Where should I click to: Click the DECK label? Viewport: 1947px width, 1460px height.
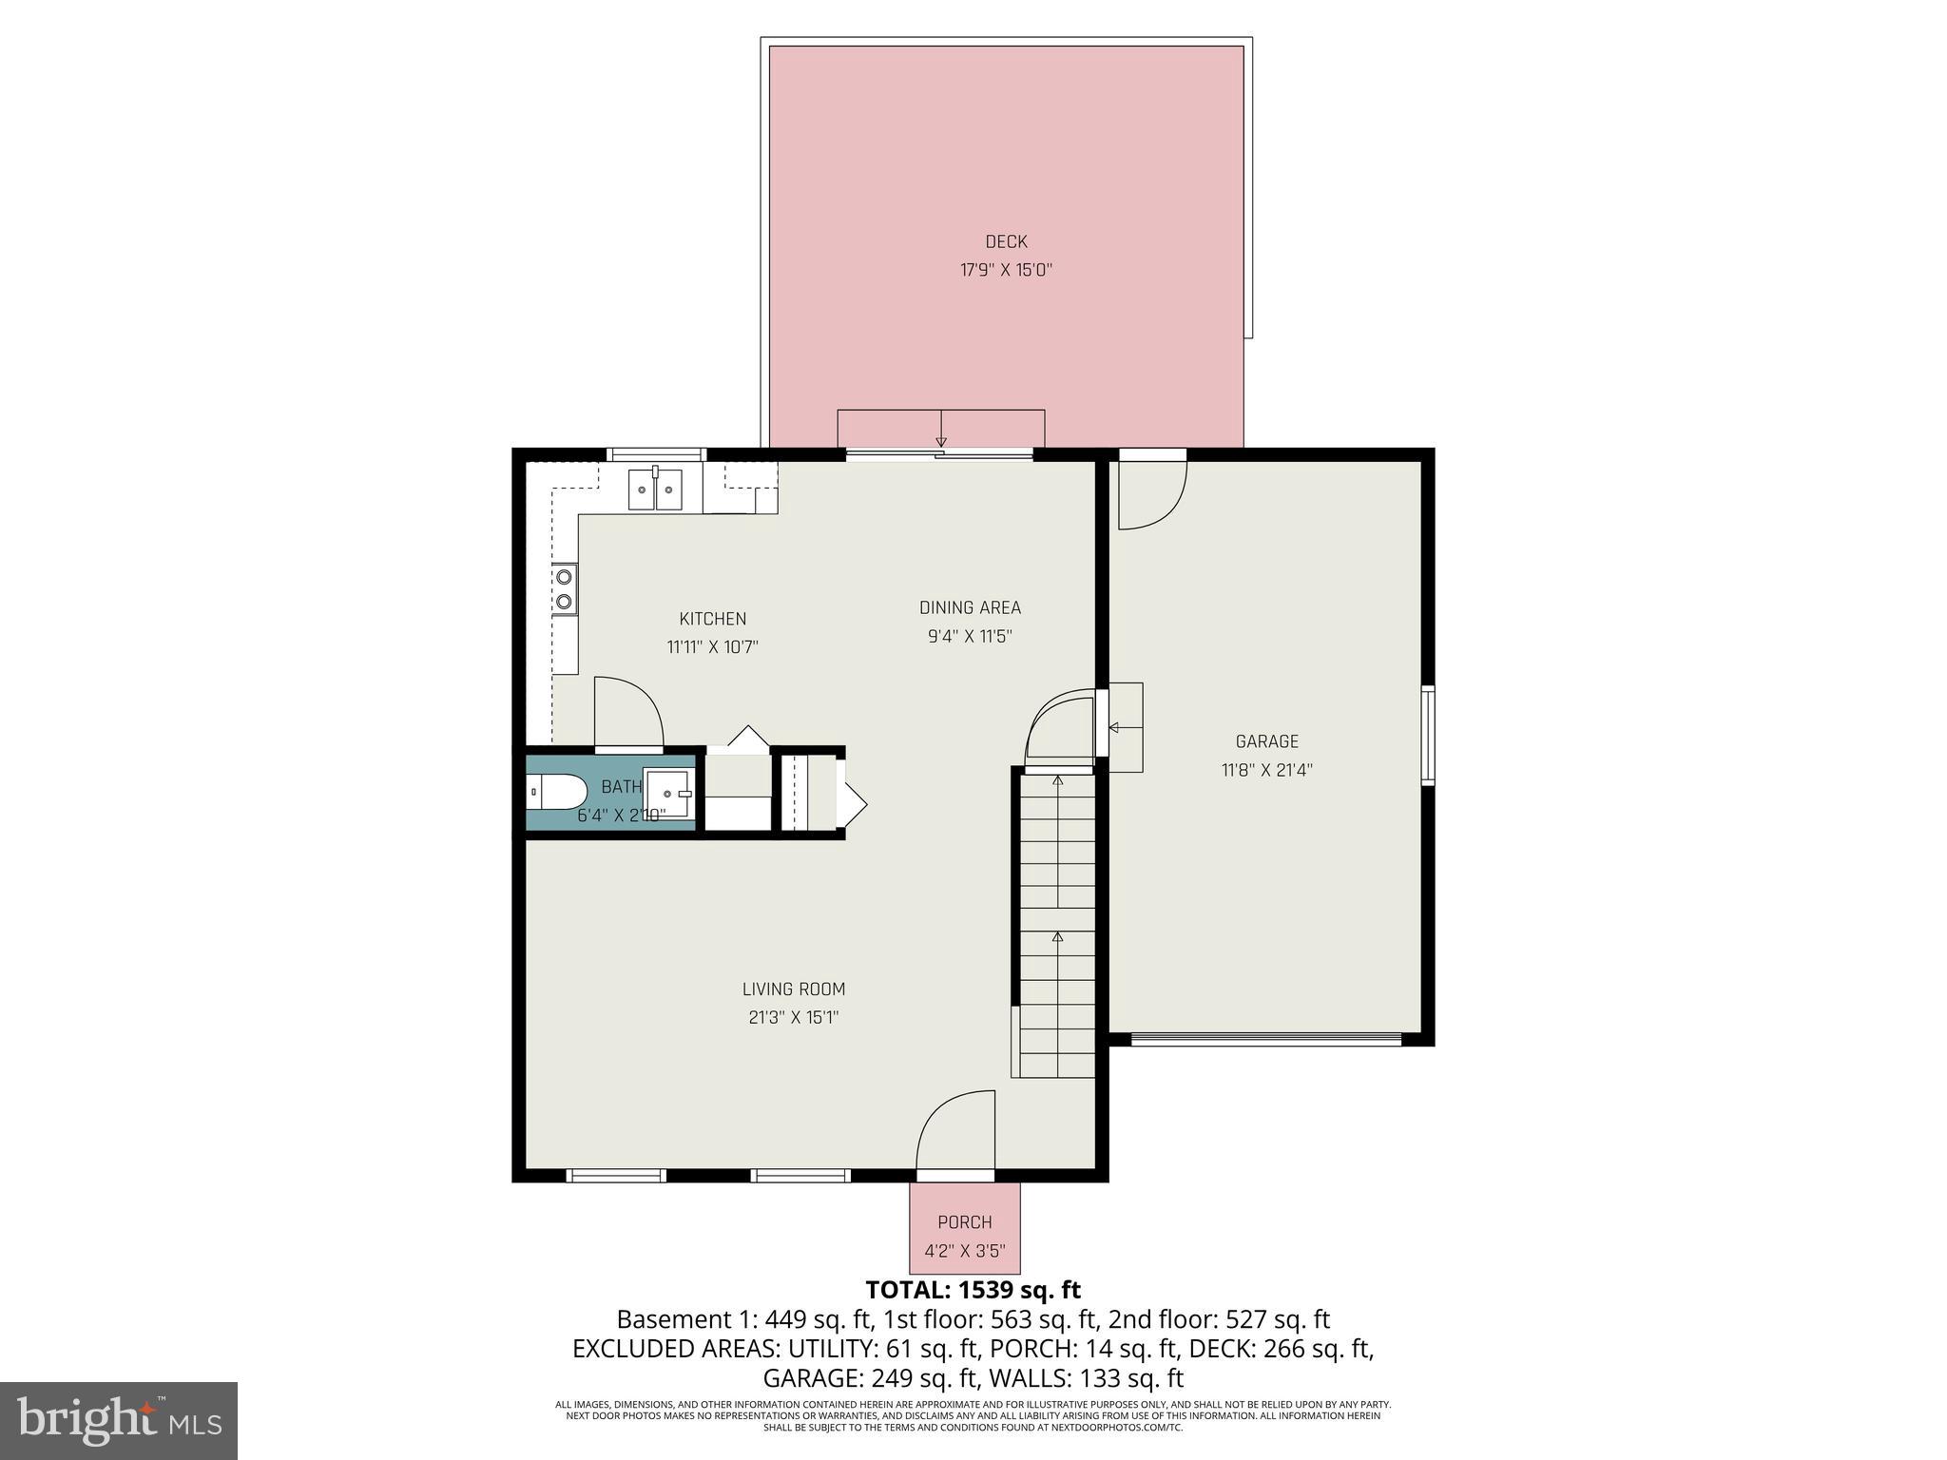coord(1006,242)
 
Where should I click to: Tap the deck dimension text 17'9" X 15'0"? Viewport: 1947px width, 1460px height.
coord(1006,271)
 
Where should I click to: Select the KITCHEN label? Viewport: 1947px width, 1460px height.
coord(712,619)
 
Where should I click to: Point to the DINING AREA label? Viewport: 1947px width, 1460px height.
coord(970,607)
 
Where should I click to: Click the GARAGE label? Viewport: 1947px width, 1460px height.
coord(1266,741)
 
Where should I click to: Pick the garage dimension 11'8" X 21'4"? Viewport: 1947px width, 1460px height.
coord(1266,770)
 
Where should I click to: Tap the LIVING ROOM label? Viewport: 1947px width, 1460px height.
coord(794,989)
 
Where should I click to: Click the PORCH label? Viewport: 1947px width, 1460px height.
coord(964,1222)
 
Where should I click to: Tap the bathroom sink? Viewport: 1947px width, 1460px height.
coord(667,792)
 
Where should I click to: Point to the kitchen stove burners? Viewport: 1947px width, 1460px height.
coord(565,588)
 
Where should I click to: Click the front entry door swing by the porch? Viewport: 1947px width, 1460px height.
coord(956,1131)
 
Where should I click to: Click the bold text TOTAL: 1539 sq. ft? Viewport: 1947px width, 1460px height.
coord(973,1290)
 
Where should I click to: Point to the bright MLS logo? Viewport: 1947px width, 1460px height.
coord(119,1421)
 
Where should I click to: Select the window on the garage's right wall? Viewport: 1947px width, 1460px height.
coord(1427,734)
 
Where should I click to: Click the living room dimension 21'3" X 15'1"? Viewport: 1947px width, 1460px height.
coord(794,1018)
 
